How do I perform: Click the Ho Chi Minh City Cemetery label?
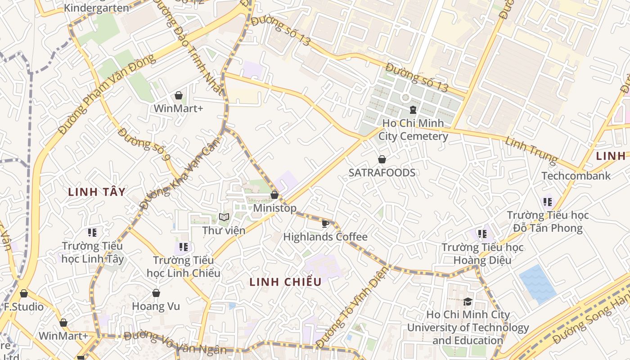pos(413,130)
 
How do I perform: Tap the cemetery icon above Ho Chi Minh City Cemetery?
pos(413,109)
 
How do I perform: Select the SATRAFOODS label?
pos(382,173)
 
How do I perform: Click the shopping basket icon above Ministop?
pos(274,195)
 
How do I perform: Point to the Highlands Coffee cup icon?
pos(325,223)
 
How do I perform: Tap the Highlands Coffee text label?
pos(325,237)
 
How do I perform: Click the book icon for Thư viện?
pos(224,217)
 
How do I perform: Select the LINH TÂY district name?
pos(96,192)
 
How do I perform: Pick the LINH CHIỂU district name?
pos(286,282)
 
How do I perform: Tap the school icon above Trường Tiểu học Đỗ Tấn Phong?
pos(547,202)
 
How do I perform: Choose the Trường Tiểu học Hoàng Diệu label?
pos(482,254)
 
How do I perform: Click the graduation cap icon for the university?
pos(468,301)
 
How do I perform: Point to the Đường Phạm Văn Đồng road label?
pos(107,94)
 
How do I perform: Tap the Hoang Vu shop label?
pos(156,306)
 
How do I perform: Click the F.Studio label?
pos(24,307)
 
